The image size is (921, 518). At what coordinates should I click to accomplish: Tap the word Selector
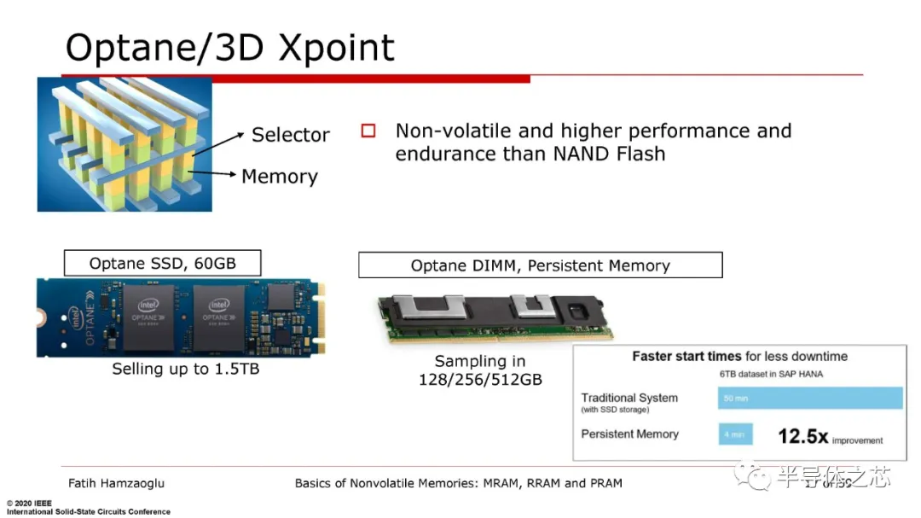coord(290,135)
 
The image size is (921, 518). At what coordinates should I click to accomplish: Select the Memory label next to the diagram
coord(279,177)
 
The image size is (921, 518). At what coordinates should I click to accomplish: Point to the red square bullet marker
coord(368,131)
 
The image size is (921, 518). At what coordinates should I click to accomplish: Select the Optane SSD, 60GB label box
coord(162,263)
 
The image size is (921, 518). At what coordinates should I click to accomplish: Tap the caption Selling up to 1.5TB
coord(186,370)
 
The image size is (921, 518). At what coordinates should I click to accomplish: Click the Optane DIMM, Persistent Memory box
coord(540,265)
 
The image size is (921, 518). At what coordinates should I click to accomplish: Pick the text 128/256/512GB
coord(480,380)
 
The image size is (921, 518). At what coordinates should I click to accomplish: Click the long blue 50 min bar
coord(809,399)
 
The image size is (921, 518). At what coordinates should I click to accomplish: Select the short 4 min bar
coord(735,434)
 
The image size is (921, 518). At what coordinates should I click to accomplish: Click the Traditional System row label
coord(629,399)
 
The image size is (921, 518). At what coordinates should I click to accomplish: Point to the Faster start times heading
coord(739,357)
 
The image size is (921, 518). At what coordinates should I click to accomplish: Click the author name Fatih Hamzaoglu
coord(116,483)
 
